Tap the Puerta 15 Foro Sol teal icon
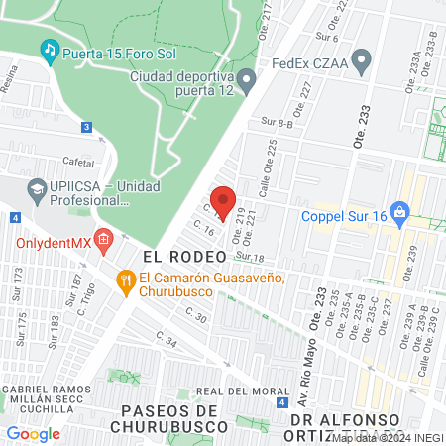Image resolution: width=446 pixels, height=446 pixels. pyautogui.click(x=48, y=49)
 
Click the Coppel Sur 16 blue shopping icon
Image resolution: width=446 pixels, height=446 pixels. pyautogui.click(x=399, y=210)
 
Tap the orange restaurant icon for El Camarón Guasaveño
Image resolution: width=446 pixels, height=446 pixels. pyautogui.click(x=125, y=279)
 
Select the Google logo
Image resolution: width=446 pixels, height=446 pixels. pyautogui.click(x=33, y=433)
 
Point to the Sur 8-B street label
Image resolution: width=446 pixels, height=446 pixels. pyautogui.click(x=277, y=122)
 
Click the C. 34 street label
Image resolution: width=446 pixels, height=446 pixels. pyautogui.click(x=167, y=343)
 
